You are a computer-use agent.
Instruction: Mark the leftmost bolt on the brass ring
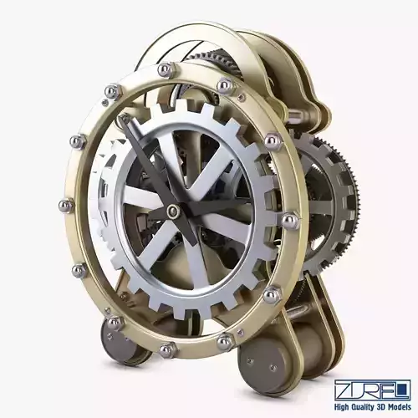click(x=66, y=206)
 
